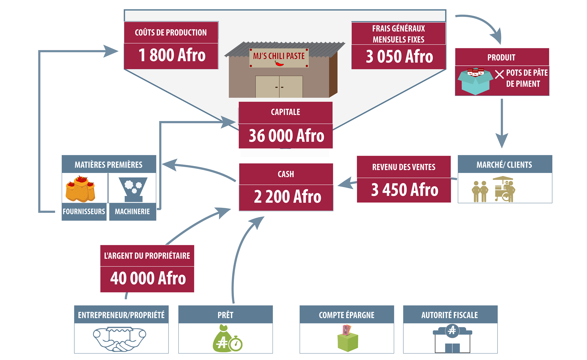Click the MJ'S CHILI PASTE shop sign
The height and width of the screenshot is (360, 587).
pos(279,58)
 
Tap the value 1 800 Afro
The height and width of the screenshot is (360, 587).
pos(172,55)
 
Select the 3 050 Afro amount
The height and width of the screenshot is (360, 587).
pos(399,56)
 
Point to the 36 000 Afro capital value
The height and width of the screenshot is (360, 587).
pos(286,136)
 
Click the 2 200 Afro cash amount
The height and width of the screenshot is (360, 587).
pos(287,196)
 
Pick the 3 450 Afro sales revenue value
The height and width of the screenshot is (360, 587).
pos(405,190)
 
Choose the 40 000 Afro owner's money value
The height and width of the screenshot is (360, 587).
pos(148,278)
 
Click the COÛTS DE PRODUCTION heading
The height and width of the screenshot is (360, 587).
pos(171,32)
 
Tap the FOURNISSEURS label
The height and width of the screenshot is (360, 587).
pos(84,211)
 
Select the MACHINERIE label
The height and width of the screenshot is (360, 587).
pos(133,211)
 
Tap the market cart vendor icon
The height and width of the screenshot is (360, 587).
pos(504,189)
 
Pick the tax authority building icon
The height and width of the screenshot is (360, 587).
pos(452,339)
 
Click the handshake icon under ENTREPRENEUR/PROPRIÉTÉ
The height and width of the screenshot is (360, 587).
pos(119,339)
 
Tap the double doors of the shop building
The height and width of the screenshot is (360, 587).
pos(279,87)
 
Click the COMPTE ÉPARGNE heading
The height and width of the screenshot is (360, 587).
pos(347,315)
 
